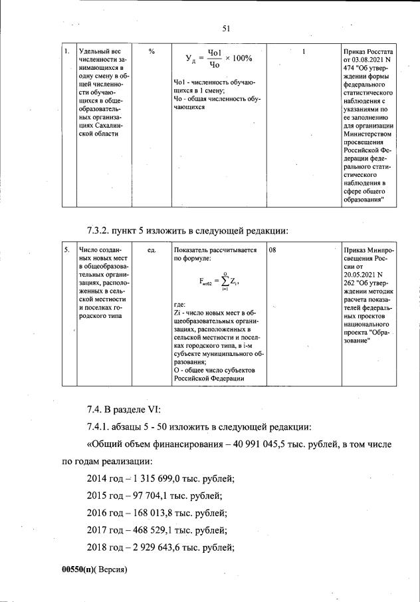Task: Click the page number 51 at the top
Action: point(225,28)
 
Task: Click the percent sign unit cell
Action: point(152,52)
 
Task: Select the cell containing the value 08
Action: point(274,250)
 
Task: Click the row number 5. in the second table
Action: point(67,250)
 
